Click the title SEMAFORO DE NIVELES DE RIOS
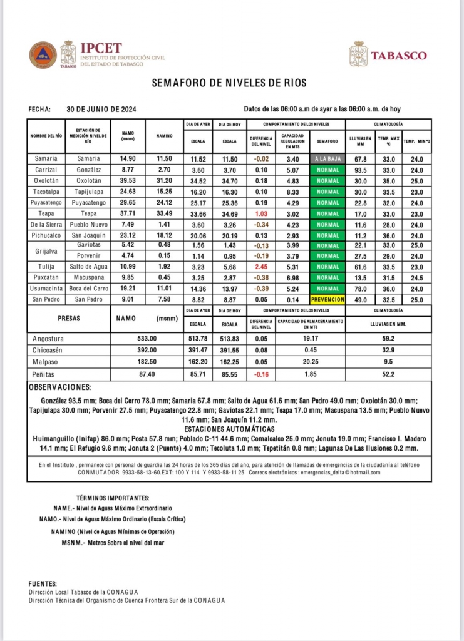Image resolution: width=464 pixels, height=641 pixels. click(x=230, y=83)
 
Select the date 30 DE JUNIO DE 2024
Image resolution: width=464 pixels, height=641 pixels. click(x=101, y=108)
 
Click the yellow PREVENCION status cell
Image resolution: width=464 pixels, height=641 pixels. click(x=327, y=300)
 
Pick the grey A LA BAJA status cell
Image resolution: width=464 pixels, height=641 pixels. click(x=327, y=159)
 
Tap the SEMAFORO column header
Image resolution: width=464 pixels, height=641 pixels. click(x=327, y=141)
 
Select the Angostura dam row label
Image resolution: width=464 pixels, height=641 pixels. click(x=48, y=339)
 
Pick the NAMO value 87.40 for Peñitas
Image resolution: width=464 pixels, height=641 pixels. click(x=146, y=373)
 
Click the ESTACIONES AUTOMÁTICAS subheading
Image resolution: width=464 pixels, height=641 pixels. click(x=230, y=429)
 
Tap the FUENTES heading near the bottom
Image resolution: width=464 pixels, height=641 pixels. click(x=43, y=583)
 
